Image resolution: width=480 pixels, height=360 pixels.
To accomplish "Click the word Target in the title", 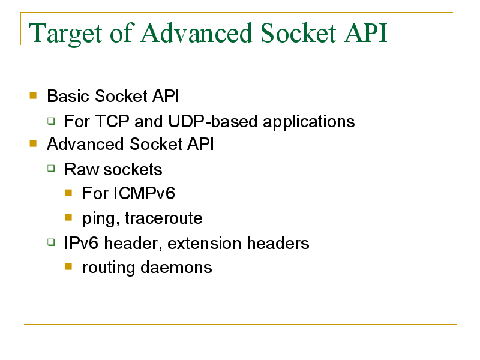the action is (x=65, y=34).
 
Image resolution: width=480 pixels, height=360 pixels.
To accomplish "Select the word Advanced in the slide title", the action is (x=197, y=33).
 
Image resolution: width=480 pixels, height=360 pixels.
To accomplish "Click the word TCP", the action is (x=113, y=121).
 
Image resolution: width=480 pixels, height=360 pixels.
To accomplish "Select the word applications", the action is (x=309, y=122).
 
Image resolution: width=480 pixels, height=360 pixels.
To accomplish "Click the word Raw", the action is (x=82, y=169).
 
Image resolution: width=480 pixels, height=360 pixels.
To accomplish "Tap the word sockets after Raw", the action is (x=133, y=169).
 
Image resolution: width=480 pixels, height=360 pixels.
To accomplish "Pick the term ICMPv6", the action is (x=144, y=193).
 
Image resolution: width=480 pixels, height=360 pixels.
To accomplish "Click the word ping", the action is (x=101, y=219).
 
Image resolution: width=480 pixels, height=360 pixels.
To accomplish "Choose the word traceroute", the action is (x=163, y=218).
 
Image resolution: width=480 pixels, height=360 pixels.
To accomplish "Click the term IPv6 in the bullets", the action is (x=82, y=243).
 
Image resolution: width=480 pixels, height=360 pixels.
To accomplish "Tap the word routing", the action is (x=109, y=268).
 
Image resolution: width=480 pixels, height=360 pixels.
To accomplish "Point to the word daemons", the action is (x=176, y=267).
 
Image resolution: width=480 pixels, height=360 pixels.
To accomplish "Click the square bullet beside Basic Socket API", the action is (x=33, y=96).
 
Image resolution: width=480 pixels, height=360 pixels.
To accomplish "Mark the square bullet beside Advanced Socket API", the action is (x=33, y=143).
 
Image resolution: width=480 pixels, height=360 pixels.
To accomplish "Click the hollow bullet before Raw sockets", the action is (x=52, y=169).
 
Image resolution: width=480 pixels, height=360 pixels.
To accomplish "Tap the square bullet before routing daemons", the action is (x=68, y=266).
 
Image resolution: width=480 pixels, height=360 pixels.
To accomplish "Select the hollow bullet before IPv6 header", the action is (x=52, y=242).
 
